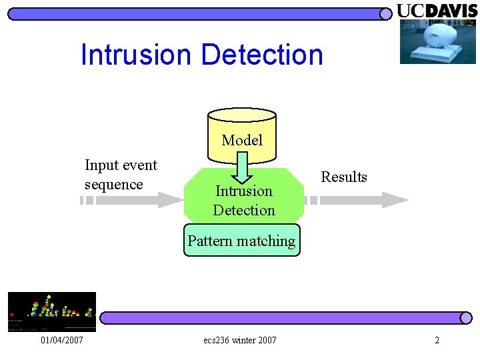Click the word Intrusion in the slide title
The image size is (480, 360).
135,55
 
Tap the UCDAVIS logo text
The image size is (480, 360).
437,11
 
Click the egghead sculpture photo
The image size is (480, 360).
438,41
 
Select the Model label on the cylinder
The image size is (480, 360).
242,140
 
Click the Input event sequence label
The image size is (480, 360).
121,175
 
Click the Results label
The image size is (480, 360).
344,177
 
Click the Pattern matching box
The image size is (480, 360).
241,241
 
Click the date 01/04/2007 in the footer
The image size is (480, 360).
62,341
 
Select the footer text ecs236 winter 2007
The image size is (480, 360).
240,341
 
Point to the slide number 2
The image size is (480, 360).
437,341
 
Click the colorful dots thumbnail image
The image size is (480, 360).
51,311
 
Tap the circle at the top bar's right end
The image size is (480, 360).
385,14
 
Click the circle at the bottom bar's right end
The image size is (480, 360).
466,319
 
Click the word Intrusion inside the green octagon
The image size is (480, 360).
244,191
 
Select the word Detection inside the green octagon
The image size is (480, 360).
244,211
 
